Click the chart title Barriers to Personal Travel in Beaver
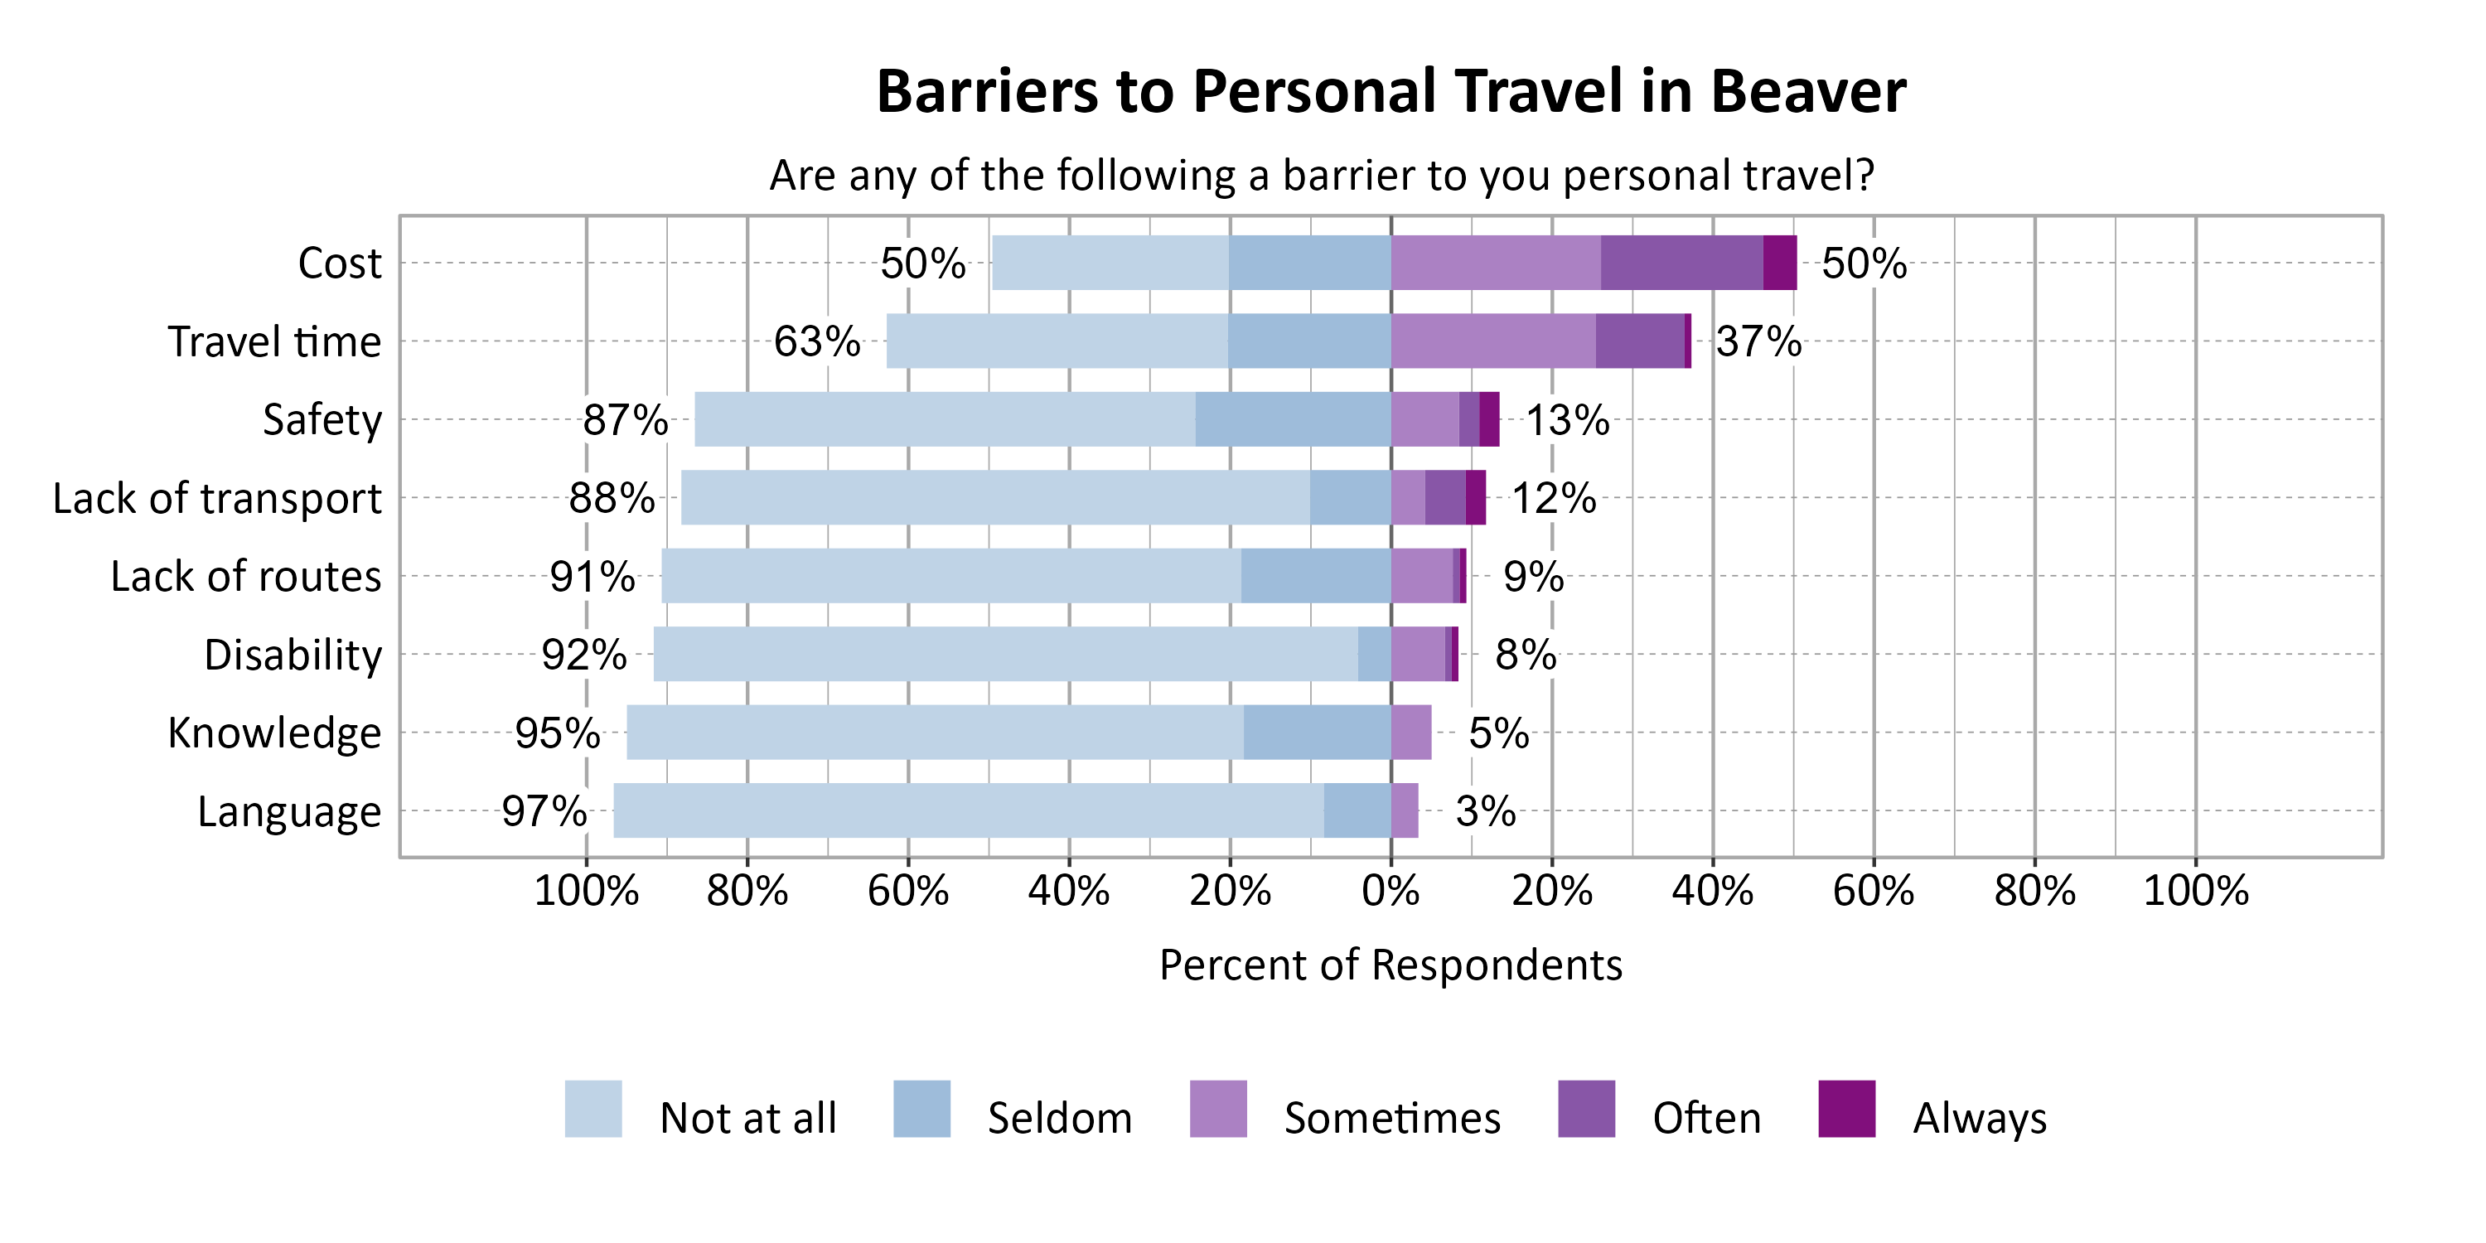[1390, 92]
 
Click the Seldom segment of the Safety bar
[1292, 418]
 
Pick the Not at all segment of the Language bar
[968, 810]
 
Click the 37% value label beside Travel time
[1758, 341]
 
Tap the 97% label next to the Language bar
[544, 810]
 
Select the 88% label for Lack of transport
[611, 498]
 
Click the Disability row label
[293, 655]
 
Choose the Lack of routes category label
[245, 576]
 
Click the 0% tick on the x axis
[1390, 890]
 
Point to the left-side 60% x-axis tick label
[907, 890]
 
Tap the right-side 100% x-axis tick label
[2194, 890]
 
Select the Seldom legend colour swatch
[921, 1109]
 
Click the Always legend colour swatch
[1845, 1109]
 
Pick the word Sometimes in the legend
[1391, 1119]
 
